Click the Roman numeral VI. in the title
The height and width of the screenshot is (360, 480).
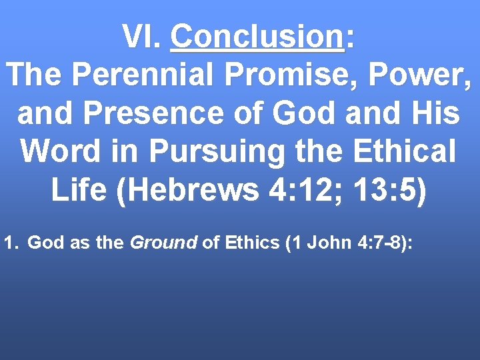[x=142, y=37]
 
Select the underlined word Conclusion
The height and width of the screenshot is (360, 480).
[x=257, y=37]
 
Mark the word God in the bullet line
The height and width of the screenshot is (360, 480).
[x=44, y=243]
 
